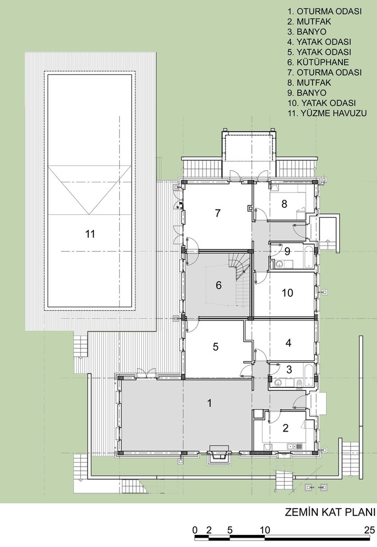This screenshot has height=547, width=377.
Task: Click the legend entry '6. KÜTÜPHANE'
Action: tap(318, 62)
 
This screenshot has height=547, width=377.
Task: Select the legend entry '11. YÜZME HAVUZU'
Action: tap(327, 113)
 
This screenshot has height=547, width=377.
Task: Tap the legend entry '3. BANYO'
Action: tap(307, 32)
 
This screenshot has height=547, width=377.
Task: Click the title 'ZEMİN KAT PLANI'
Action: tap(330, 513)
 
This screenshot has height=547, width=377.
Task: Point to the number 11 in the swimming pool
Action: tap(90, 234)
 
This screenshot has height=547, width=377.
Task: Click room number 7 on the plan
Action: tap(218, 213)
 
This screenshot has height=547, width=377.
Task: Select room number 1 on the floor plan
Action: tap(210, 403)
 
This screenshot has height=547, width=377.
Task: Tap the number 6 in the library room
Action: tap(218, 286)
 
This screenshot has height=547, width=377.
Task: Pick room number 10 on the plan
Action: tap(287, 293)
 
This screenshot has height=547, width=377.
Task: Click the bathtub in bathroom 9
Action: tap(309, 257)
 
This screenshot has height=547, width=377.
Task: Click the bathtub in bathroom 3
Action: tap(309, 375)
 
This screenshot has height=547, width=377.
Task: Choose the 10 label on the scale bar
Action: tap(265, 530)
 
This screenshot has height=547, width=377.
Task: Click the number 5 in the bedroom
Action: tap(216, 347)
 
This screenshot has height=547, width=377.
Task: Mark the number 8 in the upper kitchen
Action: tap(284, 203)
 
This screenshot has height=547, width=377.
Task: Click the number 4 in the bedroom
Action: tap(288, 343)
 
